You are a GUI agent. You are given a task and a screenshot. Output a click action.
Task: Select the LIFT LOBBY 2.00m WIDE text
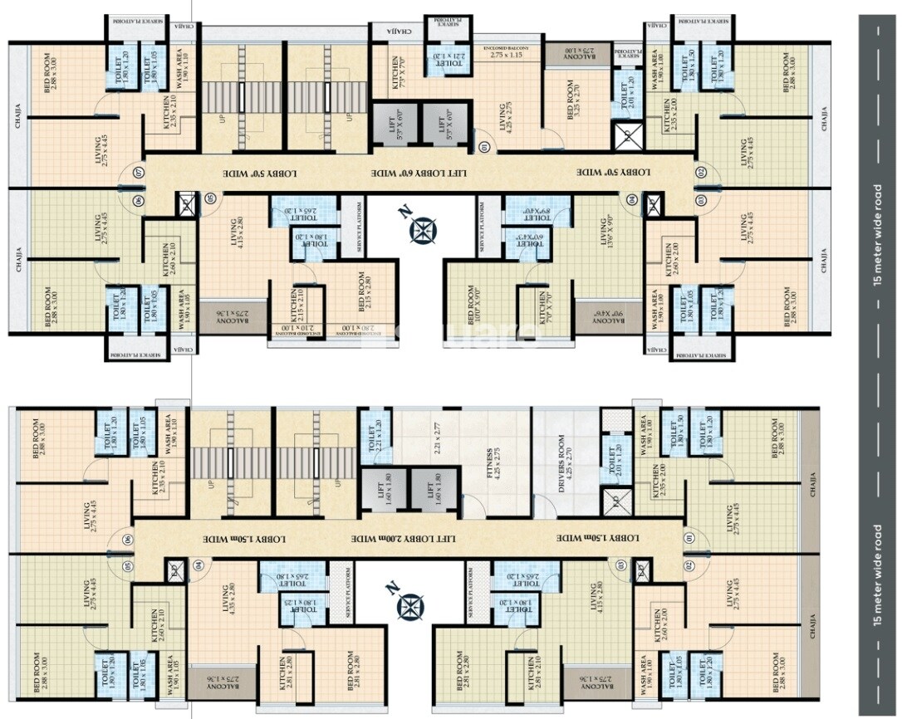pyautogui.click(x=404, y=538)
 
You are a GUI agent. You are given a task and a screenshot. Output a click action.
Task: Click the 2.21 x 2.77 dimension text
pyautogui.click(x=444, y=428)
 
